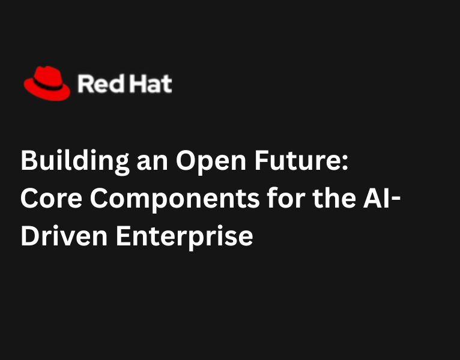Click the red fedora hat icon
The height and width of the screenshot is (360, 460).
coord(47,82)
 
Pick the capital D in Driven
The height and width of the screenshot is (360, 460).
coord(29,236)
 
